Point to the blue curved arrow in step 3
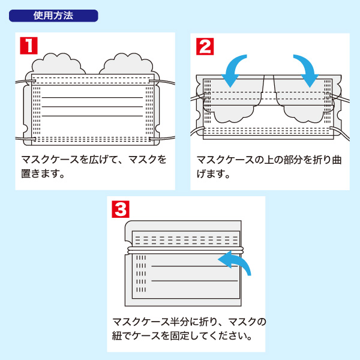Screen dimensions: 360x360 pos(236,262)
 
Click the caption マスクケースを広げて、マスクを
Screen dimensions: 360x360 pos(94,161)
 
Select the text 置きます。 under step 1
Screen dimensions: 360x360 pos(43,175)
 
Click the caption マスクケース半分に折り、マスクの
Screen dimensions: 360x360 pos(189,321)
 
